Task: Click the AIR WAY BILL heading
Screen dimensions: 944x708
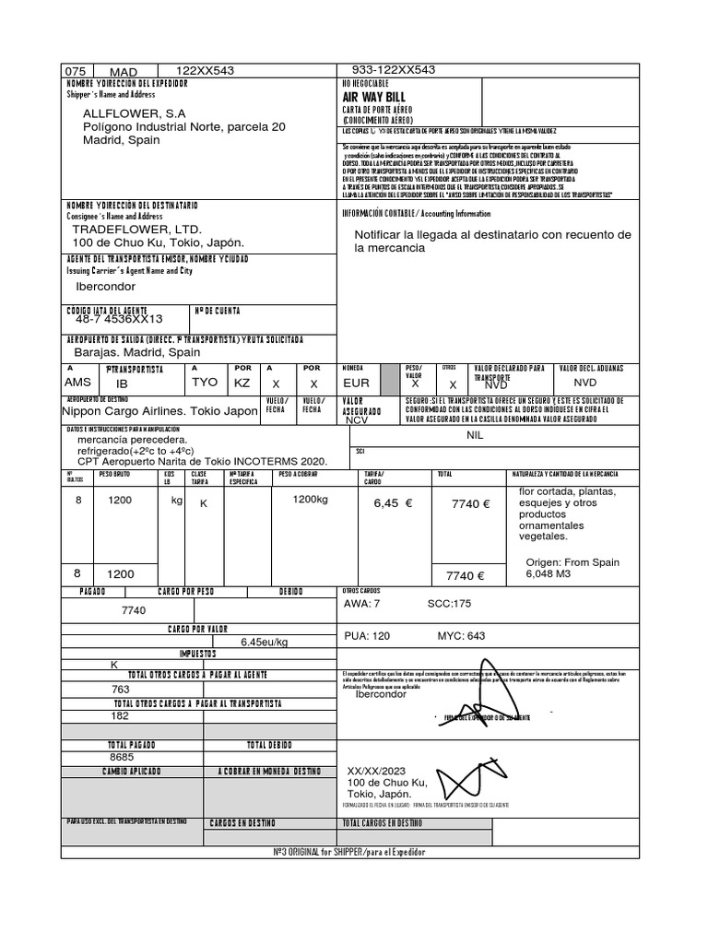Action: coord(373,97)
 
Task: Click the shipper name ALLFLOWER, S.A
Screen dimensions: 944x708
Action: coord(135,113)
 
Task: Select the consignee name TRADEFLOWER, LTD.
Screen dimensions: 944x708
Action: coord(136,229)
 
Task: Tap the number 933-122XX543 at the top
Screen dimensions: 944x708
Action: coord(394,70)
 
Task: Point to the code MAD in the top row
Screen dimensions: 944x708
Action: coord(123,72)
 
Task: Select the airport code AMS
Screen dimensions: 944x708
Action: coord(77,382)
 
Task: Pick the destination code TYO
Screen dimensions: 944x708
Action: coord(205,382)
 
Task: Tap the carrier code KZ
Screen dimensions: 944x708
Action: coord(242,382)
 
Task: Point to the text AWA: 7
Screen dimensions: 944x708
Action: coord(361,604)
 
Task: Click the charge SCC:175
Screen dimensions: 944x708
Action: coord(449,604)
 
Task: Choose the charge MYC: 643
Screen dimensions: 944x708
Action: coord(461,636)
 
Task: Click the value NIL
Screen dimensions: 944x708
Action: coord(475,434)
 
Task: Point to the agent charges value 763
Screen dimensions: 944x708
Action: coord(121,689)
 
